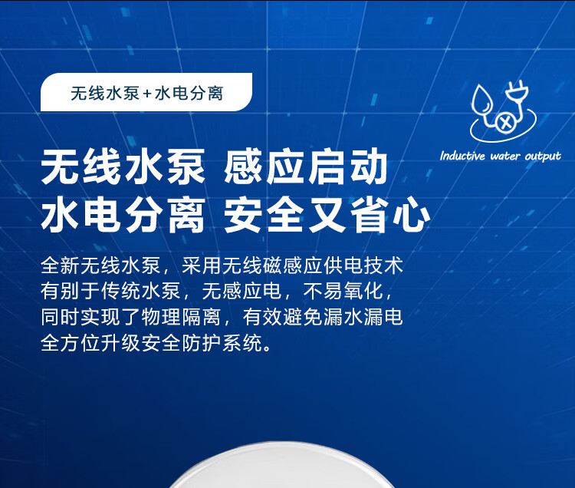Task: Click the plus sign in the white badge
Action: click(147, 94)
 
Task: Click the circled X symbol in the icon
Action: click(505, 122)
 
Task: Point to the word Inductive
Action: click(462, 156)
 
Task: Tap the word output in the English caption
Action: click(543, 157)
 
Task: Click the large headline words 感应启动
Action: click(305, 167)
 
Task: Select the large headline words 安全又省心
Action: click(327, 214)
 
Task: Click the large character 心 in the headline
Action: click(411, 215)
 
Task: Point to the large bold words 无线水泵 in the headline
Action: click(123, 167)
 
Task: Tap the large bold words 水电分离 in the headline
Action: click(123, 214)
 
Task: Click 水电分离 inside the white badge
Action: click(189, 94)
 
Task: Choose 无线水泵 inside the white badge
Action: click(105, 94)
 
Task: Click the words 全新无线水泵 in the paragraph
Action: click(101, 265)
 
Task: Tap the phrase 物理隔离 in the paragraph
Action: click(181, 317)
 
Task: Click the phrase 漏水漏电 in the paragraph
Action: click(363, 317)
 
